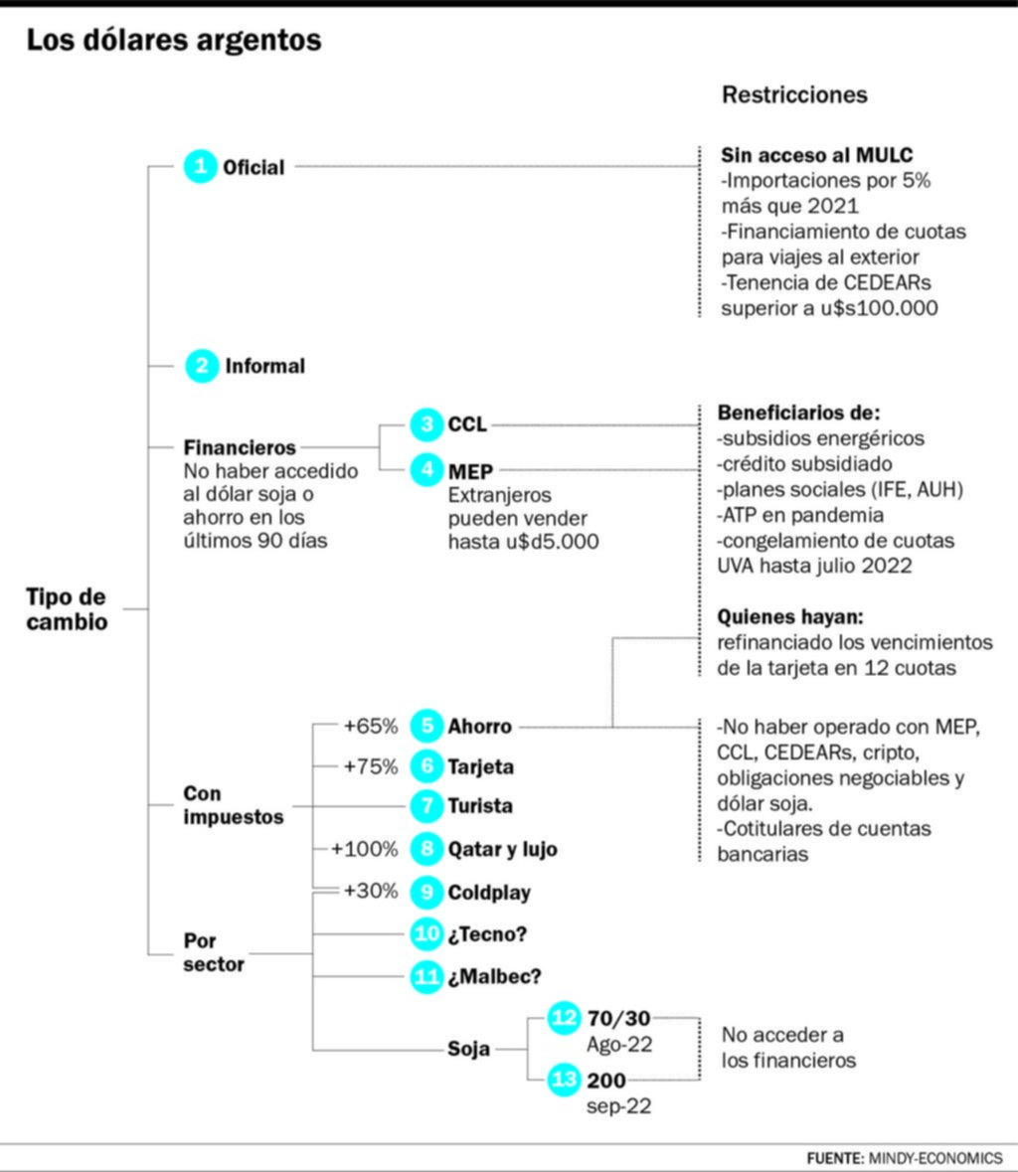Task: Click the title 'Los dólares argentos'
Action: point(173,41)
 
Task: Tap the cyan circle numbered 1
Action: point(200,167)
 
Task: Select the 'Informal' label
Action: point(265,366)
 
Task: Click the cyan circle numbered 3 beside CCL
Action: point(426,424)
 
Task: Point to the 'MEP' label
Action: point(470,471)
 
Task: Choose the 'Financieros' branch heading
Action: point(240,447)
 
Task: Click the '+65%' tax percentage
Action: point(371,727)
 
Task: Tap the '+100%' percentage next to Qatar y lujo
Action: point(365,849)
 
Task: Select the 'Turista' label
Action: point(480,806)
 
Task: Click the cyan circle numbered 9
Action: point(426,892)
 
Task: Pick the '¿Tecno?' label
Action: point(487,934)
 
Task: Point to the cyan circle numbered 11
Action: point(426,976)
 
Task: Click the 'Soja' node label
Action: point(468,1049)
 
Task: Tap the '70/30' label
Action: point(619,1018)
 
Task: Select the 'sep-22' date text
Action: point(619,1106)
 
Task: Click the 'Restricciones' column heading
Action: point(794,94)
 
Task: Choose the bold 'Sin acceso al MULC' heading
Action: point(817,155)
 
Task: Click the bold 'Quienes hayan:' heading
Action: point(790,616)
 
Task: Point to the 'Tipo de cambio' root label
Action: point(68,609)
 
